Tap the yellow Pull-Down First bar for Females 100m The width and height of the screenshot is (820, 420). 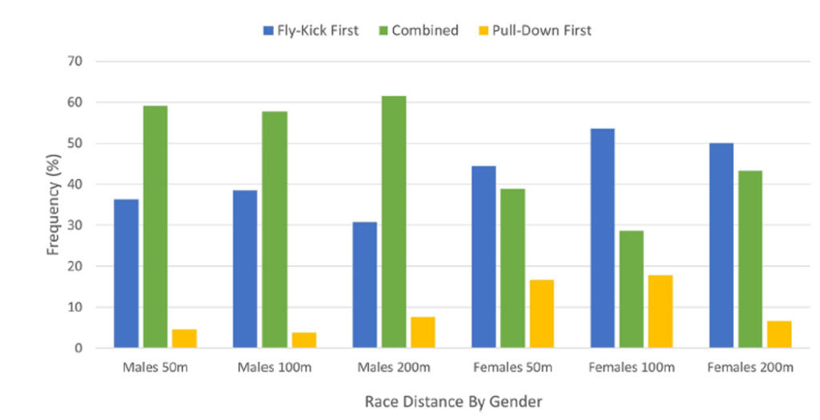tap(661, 311)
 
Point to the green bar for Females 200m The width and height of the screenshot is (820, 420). tap(750, 259)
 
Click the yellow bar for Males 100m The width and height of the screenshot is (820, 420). tap(303, 340)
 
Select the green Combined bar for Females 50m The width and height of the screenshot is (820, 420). tap(512, 269)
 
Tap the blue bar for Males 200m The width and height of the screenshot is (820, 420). tap(364, 285)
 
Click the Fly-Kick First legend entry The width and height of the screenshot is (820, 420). tap(311, 30)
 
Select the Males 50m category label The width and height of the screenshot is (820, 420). tap(155, 368)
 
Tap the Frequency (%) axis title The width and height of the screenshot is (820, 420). tap(54, 206)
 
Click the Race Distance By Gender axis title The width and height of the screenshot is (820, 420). tap(453, 402)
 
